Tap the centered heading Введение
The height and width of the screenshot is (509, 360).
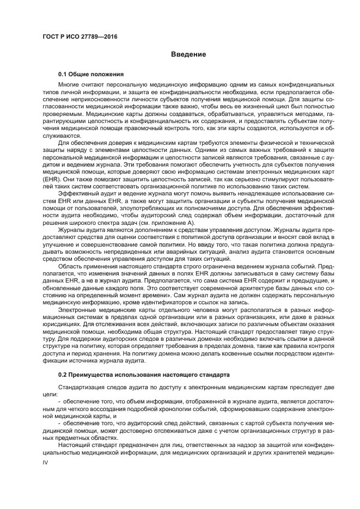point(188,54)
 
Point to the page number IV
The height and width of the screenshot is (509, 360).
point(46,462)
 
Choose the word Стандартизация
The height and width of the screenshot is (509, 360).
point(82,387)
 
